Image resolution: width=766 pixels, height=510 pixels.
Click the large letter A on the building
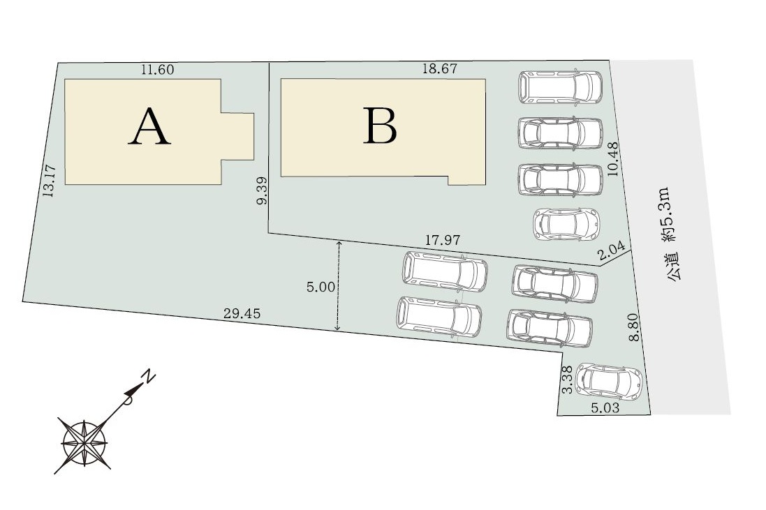[x=149, y=127]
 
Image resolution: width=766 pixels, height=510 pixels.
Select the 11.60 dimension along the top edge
[x=157, y=70]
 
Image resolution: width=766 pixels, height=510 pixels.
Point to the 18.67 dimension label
[x=440, y=69]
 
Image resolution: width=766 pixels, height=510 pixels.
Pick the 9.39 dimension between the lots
[x=262, y=191]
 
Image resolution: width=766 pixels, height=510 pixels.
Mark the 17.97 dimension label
[x=443, y=240]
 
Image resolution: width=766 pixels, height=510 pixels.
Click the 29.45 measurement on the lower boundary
[x=242, y=314]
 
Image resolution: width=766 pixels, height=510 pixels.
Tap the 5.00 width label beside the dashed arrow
[x=321, y=287]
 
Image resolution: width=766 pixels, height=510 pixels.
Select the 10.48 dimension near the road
[x=614, y=159]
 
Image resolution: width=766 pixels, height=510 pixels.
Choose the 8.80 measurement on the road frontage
[x=634, y=328]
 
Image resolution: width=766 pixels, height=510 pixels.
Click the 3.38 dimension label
[x=567, y=380]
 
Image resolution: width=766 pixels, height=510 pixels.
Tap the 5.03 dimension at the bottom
[x=605, y=408]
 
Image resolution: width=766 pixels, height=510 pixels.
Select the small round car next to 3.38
[x=609, y=380]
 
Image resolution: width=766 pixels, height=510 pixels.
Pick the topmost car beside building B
[x=560, y=87]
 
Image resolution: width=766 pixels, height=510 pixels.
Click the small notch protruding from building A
[x=237, y=136]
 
